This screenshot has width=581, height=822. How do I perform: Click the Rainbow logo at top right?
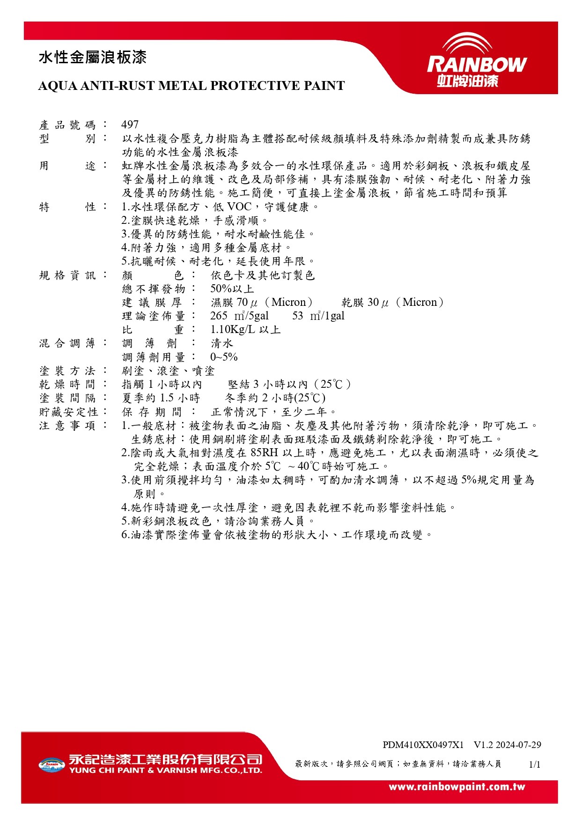477,61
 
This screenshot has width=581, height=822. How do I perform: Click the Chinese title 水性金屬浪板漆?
93,58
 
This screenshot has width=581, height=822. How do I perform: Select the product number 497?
130,125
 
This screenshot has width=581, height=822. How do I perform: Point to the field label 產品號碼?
67,125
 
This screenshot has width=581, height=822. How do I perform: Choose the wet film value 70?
242,303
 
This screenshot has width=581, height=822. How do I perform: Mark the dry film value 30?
373,303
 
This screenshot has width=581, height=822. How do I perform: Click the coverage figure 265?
219,316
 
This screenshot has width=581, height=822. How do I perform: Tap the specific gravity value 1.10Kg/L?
233,330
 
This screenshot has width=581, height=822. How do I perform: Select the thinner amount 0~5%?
224,357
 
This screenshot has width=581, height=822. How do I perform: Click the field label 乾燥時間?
67,385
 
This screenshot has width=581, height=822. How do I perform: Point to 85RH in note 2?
264,453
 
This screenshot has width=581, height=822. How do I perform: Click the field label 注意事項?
67,426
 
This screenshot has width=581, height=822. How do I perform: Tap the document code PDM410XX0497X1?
423,745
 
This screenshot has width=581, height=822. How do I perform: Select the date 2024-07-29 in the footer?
518,745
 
